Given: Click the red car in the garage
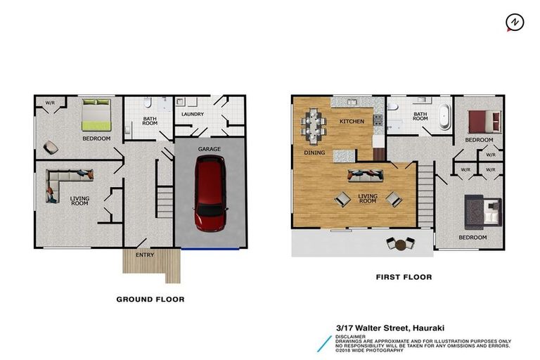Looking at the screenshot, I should (210, 193).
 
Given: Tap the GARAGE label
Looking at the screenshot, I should (210, 149).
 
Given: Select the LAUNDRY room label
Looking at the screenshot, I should (192, 114).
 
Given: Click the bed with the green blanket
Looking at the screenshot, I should (96, 115).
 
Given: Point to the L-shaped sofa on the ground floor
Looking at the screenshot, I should (63, 184).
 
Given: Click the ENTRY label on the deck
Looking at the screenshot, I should (146, 255).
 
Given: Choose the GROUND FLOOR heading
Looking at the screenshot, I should (150, 300).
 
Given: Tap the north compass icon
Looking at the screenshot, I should (515, 23).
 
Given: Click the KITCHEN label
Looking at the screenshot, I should (352, 122).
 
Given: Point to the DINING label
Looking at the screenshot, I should (314, 152).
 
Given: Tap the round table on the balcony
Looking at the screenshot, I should (401, 245).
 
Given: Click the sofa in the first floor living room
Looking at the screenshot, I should (365, 174).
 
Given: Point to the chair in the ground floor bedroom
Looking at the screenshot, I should (51, 147).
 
